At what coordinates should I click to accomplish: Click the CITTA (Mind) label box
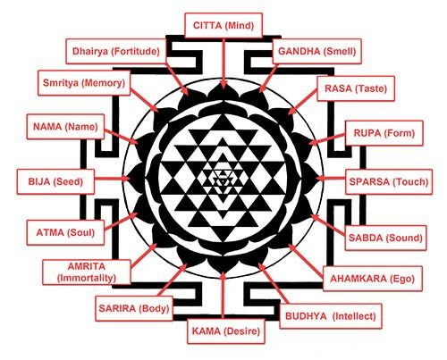click(x=223, y=26)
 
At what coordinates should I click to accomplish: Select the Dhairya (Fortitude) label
click(x=116, y=51)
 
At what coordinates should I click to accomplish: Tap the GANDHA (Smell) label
click(x=317, y=51)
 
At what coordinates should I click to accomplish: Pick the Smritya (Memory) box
click(x=84, y=83)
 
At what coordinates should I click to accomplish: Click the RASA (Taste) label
click(x=356, y=88)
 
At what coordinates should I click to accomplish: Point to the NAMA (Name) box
click(x=65, y=127)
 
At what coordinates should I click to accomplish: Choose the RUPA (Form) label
click(x=384, y=133)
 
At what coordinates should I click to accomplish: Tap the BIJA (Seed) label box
click(x=55, y=181)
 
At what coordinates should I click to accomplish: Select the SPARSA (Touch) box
click(x=389, y=181)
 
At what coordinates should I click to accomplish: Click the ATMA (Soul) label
click(x=65, y=232)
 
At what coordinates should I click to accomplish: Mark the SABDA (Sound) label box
click(x=385, y=238)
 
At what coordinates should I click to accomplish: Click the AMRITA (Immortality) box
click(x=87, y=272)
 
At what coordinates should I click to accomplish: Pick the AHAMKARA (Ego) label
click(x=373, y=279)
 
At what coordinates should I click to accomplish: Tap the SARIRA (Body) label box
click(x=134, y=308)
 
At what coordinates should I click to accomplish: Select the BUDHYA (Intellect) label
click(x=331, y=316)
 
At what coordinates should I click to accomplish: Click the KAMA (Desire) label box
click(x=226, y=331)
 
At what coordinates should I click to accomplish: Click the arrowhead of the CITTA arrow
click(x=223, y=84)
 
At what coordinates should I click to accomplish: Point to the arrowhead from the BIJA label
click(x=126, y=179)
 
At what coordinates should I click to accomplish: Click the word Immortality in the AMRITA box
click(x=87, y=278)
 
